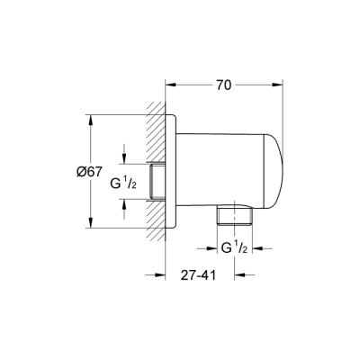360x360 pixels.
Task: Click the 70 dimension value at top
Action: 224,85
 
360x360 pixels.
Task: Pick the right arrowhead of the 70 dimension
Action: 283,85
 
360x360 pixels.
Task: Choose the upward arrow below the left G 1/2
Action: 124,204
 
